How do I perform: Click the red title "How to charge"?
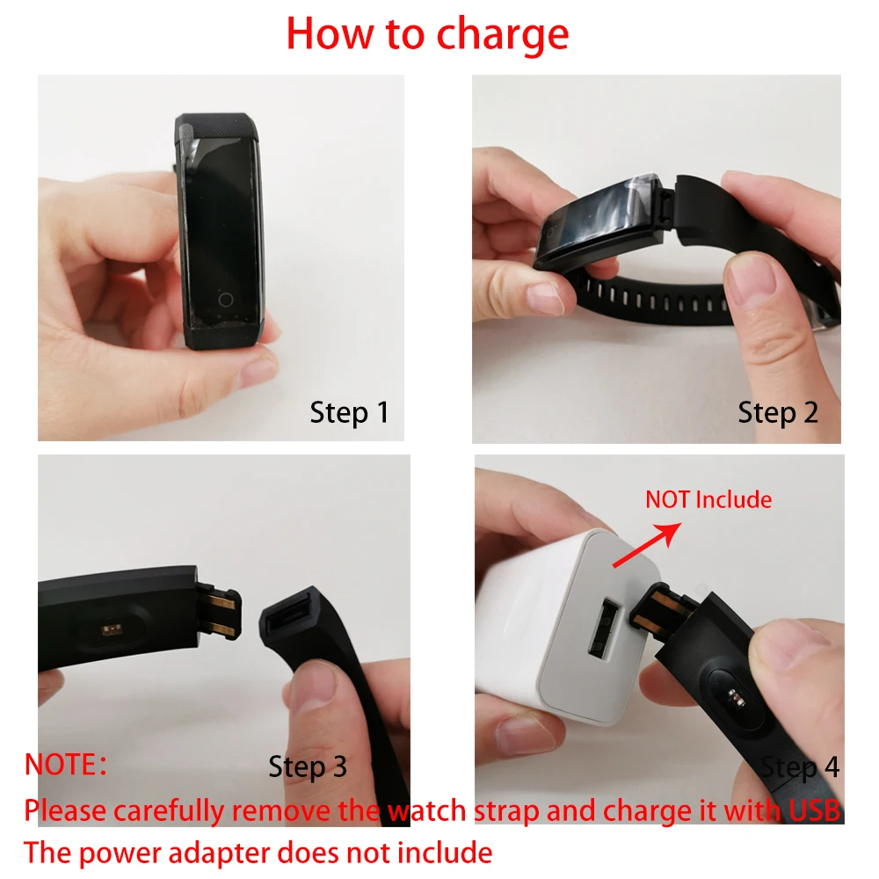[427, 33]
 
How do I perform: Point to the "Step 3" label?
[308, 766]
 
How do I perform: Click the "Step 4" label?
[800, 768]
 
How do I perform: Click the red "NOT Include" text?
[708, 500]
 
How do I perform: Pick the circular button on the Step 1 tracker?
[226, 300]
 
